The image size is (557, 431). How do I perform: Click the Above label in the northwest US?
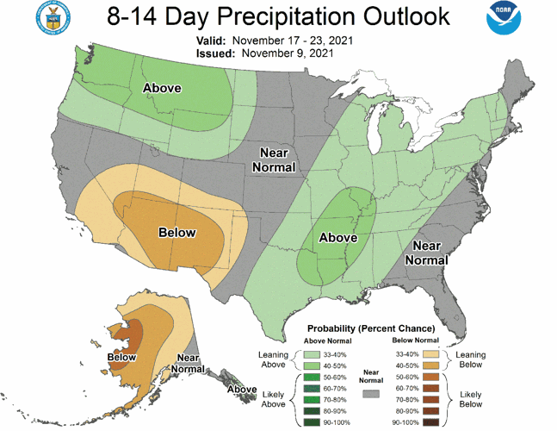pyautogui.click(x=161, y=88)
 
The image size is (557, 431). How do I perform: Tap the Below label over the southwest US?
pyautogui.click(x=177, y=233)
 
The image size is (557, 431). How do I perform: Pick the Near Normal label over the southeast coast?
pyautogui.click(x=426, y=253)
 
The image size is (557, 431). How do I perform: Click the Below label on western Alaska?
pyautogui.click(x=122, y=357)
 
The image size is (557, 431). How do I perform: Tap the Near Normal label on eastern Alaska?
pyautogui.click(x=194, y=363)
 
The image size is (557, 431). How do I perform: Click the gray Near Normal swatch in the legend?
pyautogui.click(x=372, y=392)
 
